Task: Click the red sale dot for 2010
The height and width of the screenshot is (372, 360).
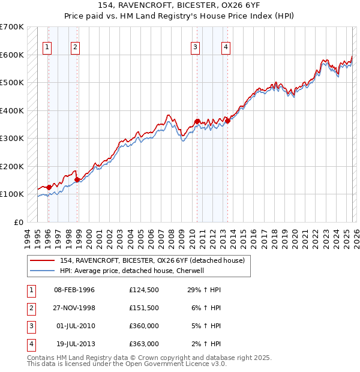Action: (x=197, y=122)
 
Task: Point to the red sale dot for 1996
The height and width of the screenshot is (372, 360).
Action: (x=49, y=187)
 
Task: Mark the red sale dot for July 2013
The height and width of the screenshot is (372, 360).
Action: (x=227, y=121)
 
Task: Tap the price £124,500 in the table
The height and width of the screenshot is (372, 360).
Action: (x=144, y=290)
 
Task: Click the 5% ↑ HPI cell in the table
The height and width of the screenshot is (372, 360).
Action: (x=208, y=326)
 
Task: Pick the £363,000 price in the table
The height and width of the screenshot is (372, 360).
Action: (x=144, y=344)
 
